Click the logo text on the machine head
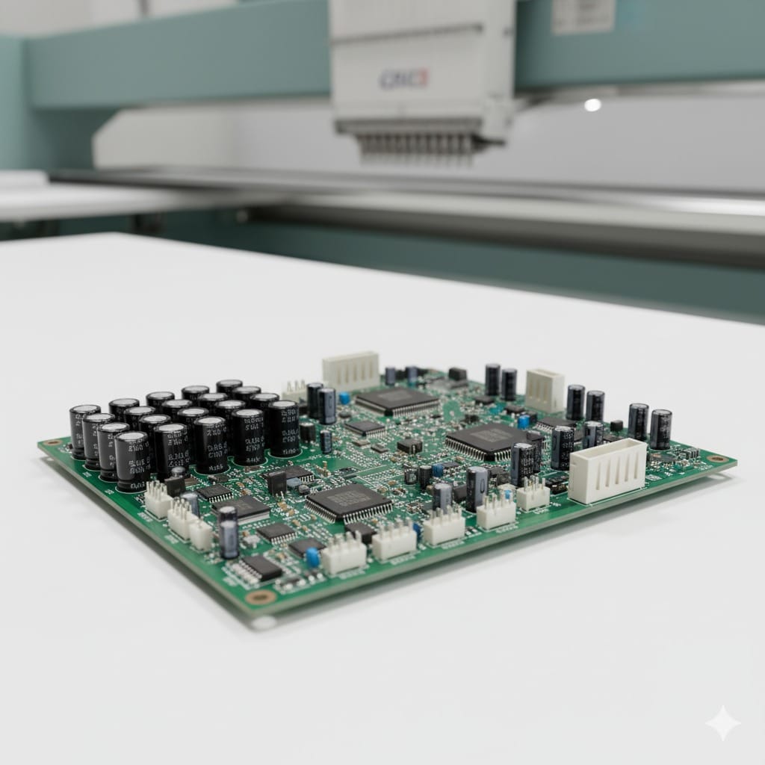(x=403, y=79)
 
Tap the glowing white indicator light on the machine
(x=592, y=105)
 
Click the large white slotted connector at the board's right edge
(x=607, y=471)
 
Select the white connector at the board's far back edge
(x=351, y=370)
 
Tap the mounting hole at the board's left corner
(x=53, y=442)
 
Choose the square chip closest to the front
(x=349, y=501)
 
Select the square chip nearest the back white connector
(x=397, y=402)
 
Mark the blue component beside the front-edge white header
(x=313, y=557)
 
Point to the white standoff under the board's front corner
(x=263, y=622)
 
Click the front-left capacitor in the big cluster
(x=132, y=459)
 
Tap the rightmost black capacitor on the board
(x=660, y=428)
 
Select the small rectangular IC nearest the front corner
(x=256, y=569)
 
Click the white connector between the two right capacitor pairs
(x=545, y=389)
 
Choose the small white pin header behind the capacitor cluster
(x=294, y=390)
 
